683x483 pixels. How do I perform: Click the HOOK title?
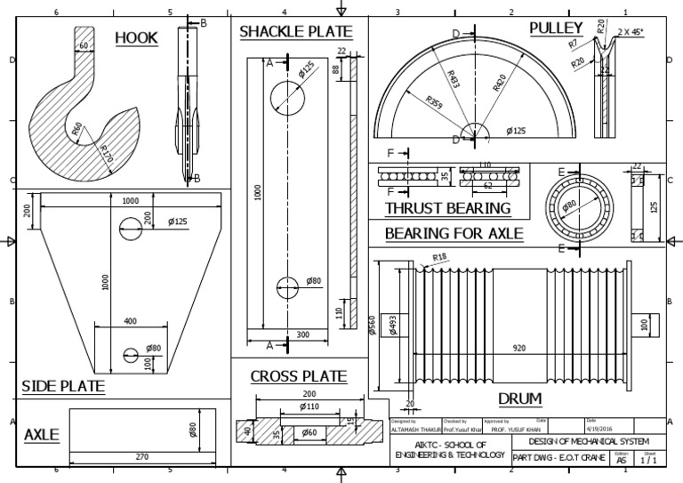point(136,37)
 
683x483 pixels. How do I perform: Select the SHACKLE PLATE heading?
point(295,32)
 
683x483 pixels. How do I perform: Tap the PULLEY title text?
point(556,28)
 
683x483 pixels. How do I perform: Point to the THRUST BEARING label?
point(447,208)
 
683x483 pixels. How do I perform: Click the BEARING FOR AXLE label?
point(454,234)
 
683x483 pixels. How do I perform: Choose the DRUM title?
point(520,398)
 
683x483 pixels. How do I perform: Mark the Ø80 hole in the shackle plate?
point(287,286)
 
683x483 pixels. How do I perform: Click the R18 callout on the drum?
point(439,258)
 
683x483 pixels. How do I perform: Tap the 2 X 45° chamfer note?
point(633,31)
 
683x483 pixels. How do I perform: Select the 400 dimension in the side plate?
point(130,321)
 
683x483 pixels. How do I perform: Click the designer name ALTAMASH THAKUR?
point(415,428)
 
